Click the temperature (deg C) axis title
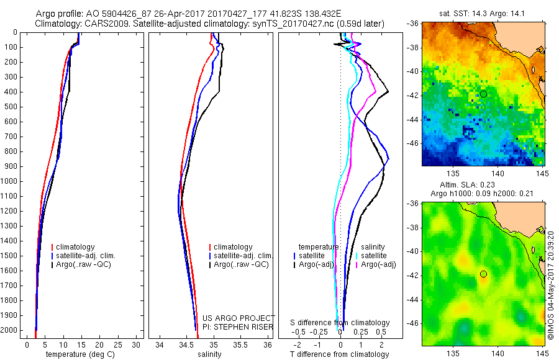81,354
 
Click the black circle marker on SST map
483,94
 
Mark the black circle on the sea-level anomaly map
483,274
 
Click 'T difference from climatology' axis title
340,354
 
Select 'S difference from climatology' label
340,323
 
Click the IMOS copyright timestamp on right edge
550,286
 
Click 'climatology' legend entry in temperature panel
77,247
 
